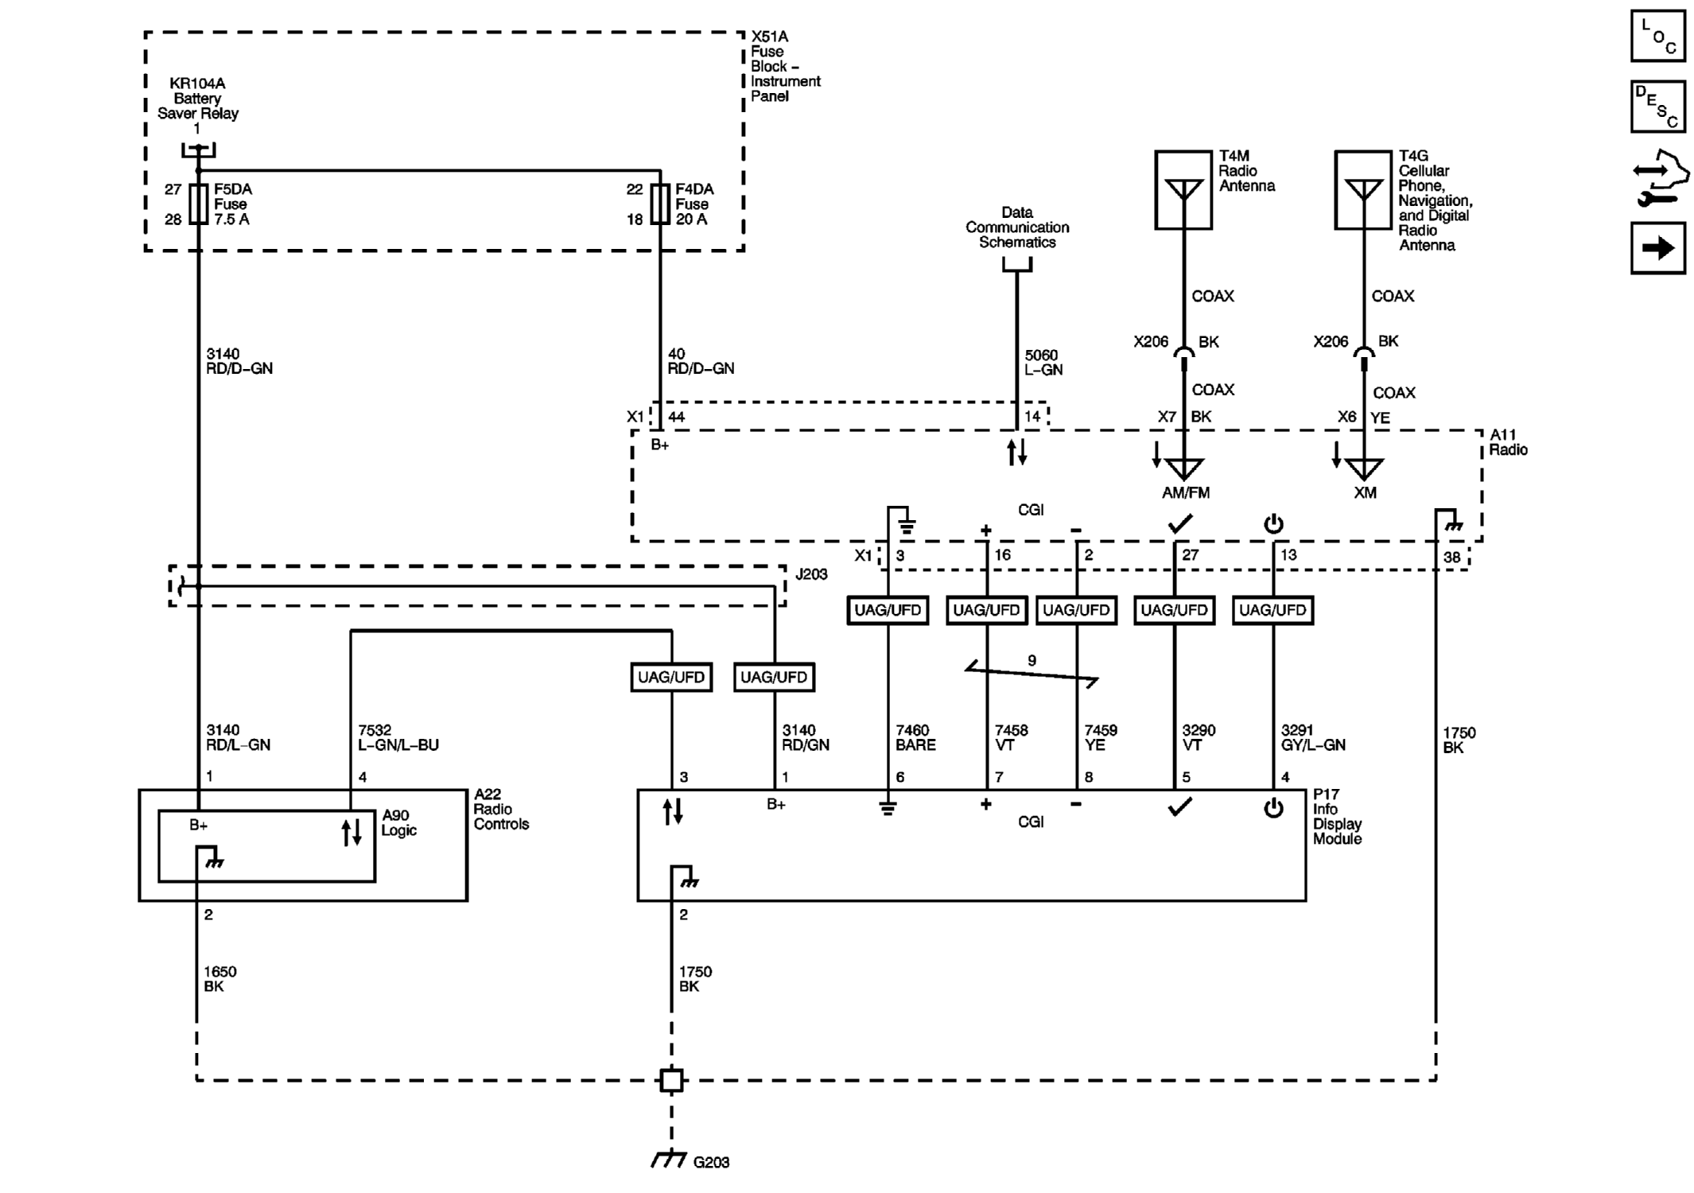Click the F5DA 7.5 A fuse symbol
[198, 204]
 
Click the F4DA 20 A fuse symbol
[660, 204]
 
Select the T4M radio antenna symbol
[1183, 191]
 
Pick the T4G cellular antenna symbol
[1363, 191]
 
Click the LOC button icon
[1657, 36]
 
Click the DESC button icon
[1657, 107]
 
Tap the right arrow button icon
[1657, 248]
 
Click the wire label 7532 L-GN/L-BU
[398, 737]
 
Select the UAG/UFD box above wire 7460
[888, 610]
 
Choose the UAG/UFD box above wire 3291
[1272, 610]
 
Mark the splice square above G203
[671, 1080]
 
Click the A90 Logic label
[399, 822]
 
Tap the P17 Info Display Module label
[1337, 816]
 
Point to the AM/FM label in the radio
[1185, 493]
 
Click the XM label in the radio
[1365, 493]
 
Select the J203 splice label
[811, 574]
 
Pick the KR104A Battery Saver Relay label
[197, 98]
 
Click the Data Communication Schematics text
[1017, 227]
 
